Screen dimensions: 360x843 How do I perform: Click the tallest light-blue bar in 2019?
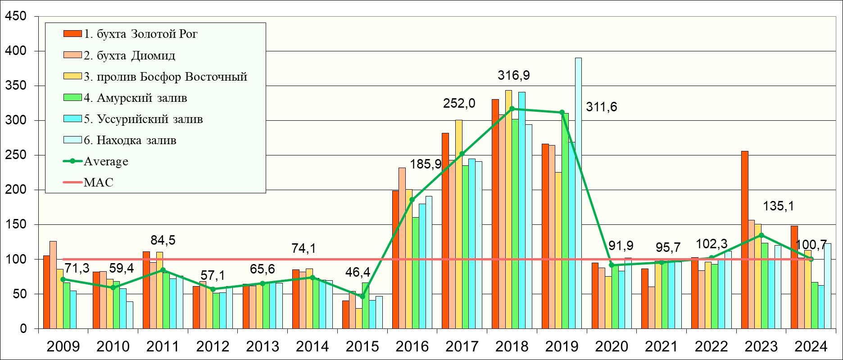[x=578, y=194]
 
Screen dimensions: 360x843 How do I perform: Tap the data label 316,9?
[x=514, y=76]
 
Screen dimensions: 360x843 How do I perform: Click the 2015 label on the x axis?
[x=363, y=346]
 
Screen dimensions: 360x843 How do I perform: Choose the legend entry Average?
[x=106, y=161]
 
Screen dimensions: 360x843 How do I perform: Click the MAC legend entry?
[x=98, y=182]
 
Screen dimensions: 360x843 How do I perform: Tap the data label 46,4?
[x=358, y=273]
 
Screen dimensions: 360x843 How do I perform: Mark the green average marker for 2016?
[x=412, y=200]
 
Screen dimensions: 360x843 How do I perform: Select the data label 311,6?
[x=601, y=107]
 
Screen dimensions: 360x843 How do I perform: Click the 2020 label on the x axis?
[x=612, y=346]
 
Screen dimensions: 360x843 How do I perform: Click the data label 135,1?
[x=779, y=206]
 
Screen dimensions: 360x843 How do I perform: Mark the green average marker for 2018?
[x=512, y=109]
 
